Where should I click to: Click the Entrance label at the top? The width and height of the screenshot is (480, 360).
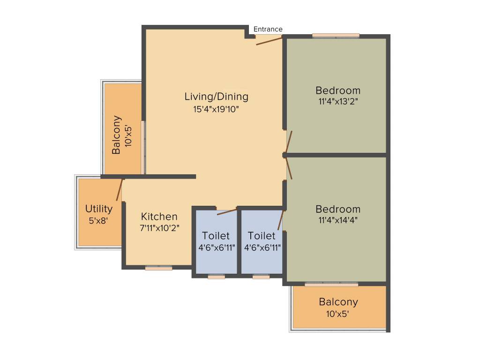coord(268,29)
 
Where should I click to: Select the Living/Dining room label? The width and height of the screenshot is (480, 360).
coord(216,97)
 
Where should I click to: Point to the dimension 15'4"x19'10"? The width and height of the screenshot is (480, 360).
coord(216,109)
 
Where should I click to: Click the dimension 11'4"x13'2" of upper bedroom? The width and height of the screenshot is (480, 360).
coord(338,101)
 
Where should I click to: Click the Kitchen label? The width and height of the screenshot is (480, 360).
coord(159,217)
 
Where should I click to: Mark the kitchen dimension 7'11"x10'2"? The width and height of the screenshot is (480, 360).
coord(159,228)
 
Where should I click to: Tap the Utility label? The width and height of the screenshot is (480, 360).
coord(99,209)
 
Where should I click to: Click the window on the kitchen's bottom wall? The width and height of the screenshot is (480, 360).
coord(158,268)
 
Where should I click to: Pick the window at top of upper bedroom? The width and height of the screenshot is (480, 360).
coord(336,35)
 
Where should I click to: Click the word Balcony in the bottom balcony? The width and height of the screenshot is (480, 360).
coord(338,302)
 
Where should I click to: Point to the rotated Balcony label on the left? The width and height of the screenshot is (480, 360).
coord(117,135)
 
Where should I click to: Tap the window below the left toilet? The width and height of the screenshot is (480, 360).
coord(216,277)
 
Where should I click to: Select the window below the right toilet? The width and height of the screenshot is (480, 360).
coord(261,277)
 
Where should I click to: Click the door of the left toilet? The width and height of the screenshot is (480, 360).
coord(227,211)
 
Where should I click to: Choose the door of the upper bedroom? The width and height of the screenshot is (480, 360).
coord(289,142)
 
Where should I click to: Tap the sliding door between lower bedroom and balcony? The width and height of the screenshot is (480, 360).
coord(331,284)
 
